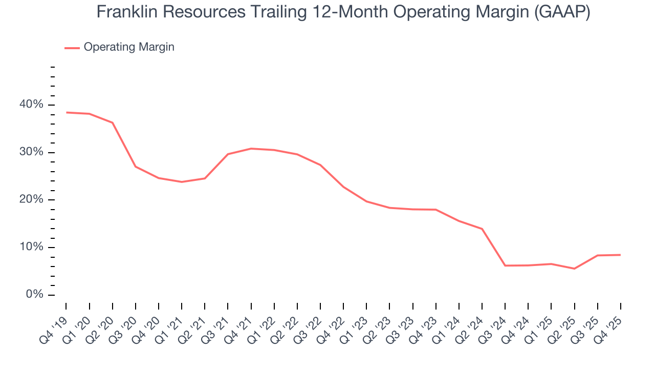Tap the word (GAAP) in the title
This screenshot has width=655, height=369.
[x=561, y=12]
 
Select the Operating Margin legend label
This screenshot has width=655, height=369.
[x=129, y=47]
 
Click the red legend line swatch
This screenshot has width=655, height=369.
[x=72, y=48]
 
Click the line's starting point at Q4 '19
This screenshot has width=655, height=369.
[x=67, y=112]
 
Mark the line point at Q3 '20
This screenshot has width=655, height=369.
[x=136, y=167]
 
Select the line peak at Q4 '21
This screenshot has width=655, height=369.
[x=251, y=149]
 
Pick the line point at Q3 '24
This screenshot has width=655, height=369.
[x=505, y=265]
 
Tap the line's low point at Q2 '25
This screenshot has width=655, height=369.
[x=574, y=269]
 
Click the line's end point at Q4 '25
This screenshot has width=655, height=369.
[x=620, y=255]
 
